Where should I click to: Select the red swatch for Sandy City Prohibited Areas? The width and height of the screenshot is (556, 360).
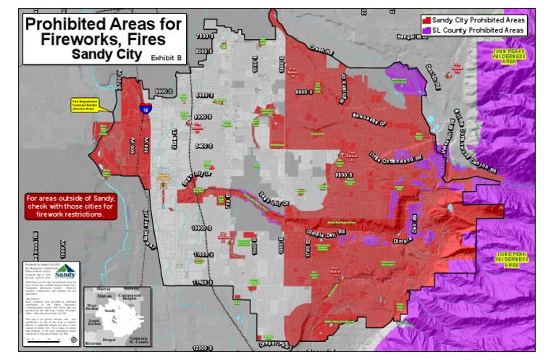[427, 21]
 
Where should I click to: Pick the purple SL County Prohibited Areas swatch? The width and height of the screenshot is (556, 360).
[427, 30]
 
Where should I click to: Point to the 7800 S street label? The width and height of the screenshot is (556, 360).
[205, 36]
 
